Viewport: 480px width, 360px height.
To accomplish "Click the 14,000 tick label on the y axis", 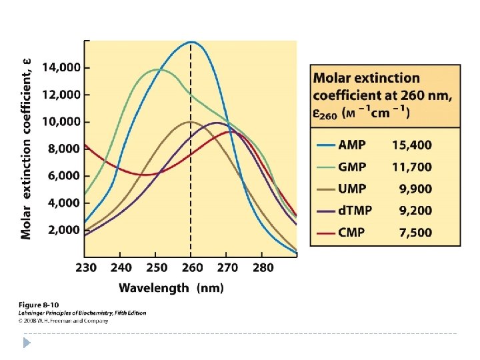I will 61,67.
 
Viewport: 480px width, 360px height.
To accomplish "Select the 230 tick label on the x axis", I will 85,268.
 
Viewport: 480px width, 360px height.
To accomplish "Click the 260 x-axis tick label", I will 192,268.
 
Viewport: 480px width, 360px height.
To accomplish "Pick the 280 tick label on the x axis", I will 263,268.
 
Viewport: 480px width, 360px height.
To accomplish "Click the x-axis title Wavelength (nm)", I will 171,288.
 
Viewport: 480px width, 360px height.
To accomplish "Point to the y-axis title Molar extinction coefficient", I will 26,148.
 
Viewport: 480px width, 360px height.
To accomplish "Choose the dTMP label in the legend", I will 355,211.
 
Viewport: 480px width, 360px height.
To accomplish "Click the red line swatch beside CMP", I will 325,233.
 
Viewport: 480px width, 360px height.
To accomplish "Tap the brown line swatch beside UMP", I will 325,189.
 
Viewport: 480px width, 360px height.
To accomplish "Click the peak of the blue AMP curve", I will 192,42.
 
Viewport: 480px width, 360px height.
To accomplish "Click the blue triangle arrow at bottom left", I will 27,343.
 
